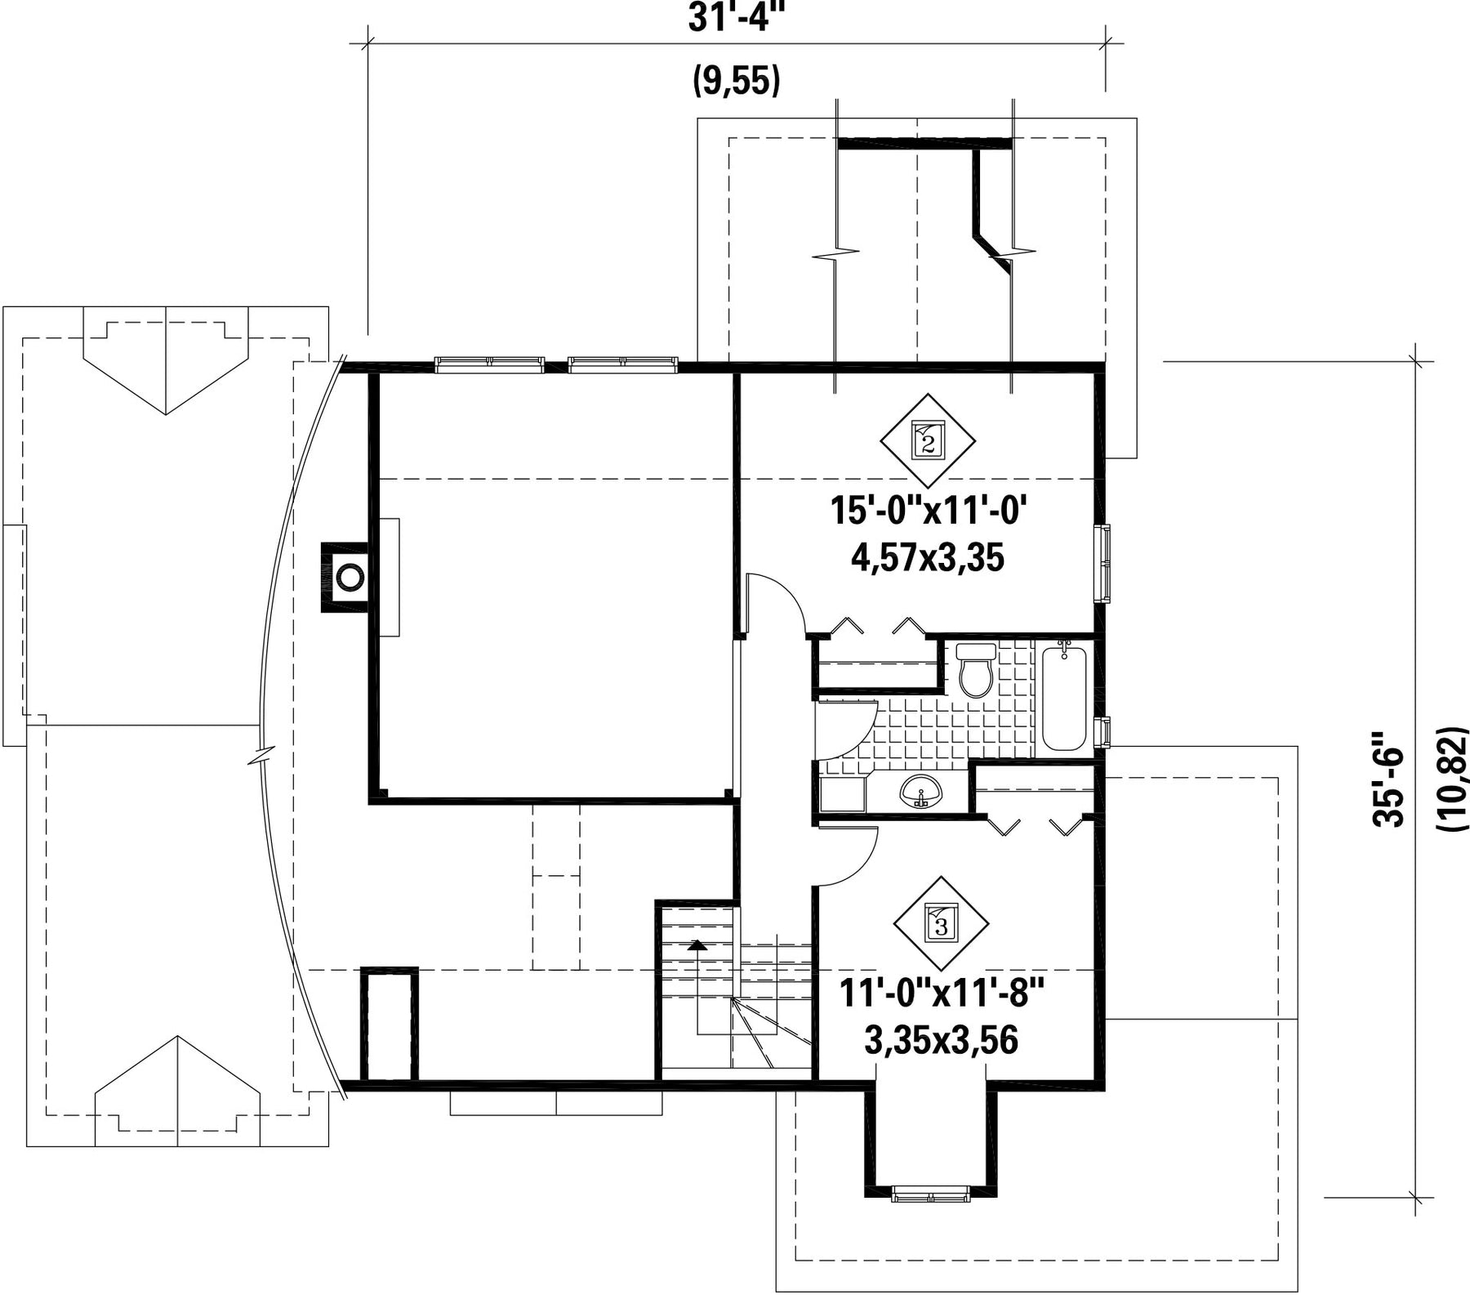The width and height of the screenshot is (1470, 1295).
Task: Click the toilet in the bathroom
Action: pyautogui.click(x=976, y=670)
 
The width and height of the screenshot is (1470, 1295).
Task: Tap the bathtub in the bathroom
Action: pyautogui.click(x=1065, y=698)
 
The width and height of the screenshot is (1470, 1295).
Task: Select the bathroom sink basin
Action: pyautogui.click(x=920, y=791)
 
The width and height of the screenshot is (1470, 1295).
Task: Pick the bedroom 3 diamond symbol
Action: pyautogui.click(x=941, y=923)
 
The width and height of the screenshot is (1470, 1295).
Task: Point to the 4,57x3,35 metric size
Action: pyautogui.click(x=928, y=559)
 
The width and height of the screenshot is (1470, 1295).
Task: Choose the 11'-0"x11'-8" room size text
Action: pyautogui.click(x=942, y=994)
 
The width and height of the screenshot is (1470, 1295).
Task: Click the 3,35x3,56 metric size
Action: pyautogui.click(x=941, y=1041)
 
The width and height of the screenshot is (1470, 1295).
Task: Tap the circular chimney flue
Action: pyautogui.click(x=350, y=577)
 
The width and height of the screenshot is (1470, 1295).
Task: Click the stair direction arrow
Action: pyautogui.click(x=697, y=945)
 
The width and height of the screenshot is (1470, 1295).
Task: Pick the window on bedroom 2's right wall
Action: pyautogui.click(x=1102, y=565)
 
